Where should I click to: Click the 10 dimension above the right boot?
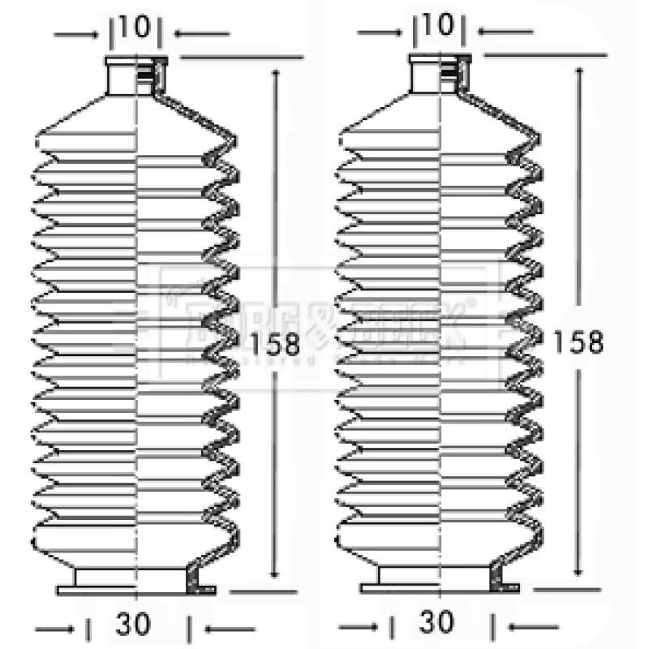point(438,26)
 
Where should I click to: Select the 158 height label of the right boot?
point(578,342)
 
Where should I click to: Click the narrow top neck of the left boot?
point(135,75)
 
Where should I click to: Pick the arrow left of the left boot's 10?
point(73,34)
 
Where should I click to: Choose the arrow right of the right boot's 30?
point(535,627)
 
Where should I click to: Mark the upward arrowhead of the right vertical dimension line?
point(578,73)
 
